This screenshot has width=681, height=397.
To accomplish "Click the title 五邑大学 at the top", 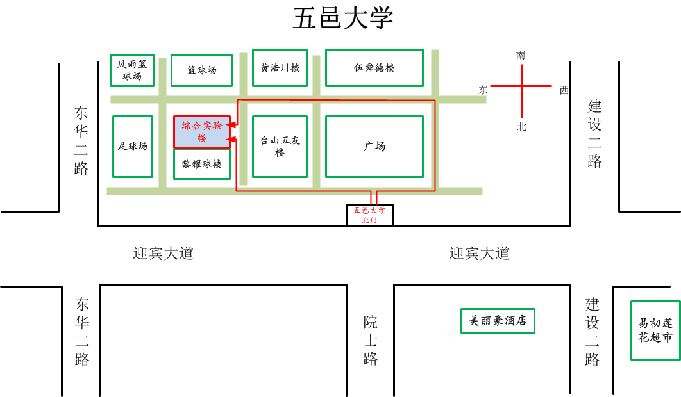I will (342, 19).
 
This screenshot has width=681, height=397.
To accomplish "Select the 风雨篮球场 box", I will (132, 70).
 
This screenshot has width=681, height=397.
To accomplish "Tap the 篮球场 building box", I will (201, 70).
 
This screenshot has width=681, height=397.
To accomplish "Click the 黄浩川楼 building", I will (280, 67).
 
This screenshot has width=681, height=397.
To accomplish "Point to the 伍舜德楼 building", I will (374, 67).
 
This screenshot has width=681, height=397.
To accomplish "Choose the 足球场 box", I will (133, 146).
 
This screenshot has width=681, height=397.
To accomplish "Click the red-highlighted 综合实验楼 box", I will (202, 132).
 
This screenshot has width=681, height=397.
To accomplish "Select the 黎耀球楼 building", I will (202, 164).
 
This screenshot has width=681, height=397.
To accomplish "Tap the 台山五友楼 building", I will (280, 146).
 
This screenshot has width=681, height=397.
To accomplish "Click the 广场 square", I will (374, 146).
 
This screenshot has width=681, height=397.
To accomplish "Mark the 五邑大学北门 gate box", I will (369, 215).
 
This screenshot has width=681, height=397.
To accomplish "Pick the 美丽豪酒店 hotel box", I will (498, 321).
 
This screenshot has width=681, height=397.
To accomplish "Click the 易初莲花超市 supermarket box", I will (655, 330).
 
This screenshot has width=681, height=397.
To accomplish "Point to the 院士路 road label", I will (371, 340).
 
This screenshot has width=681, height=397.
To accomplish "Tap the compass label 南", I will (521, 56).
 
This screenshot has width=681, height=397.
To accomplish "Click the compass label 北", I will (522, 127).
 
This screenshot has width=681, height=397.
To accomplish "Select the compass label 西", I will (564, 90).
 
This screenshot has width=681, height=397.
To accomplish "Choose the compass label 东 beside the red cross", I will (483, 90).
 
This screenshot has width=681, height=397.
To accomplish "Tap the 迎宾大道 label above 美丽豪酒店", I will (479, 254).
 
